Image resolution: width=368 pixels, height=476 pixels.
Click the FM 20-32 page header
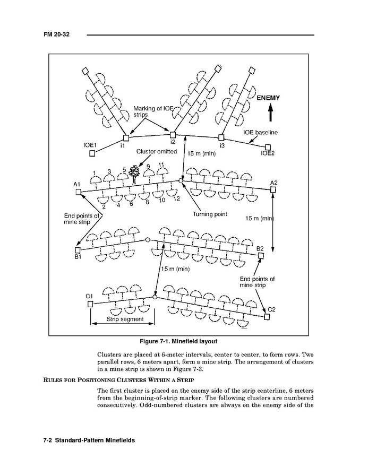[x=57, y=34]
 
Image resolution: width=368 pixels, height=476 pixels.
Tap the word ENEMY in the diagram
[x=268, y=98]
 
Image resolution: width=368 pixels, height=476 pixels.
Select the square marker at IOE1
[x=92, y=153]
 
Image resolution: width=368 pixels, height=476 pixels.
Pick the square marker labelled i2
[x=172, y=135]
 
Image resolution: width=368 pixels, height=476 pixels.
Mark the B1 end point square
[x=78, y=249]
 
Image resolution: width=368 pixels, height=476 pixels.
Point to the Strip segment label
[x=125, y=319]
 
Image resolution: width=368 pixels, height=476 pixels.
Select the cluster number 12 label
[x=176, y=198]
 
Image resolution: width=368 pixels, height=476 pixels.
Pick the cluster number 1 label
[x=94, y=173]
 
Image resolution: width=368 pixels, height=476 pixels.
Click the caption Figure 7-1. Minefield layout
[x=182, y=341]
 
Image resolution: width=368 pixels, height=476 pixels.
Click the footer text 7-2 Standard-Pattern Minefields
[x=89, y=440]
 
